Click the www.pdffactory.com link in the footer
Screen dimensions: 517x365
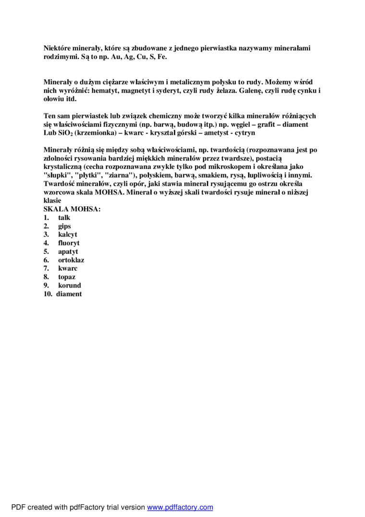180,507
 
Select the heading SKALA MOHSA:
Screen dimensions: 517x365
72,209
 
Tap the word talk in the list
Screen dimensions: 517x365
64,218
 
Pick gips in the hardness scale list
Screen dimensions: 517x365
64,226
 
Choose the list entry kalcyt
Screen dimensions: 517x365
68,235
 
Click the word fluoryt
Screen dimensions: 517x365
69,243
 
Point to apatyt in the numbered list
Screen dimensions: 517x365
68,252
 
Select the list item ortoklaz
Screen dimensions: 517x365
71,260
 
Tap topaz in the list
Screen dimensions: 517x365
67,277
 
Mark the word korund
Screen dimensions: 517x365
70,285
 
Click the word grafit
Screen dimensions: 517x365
262,124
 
